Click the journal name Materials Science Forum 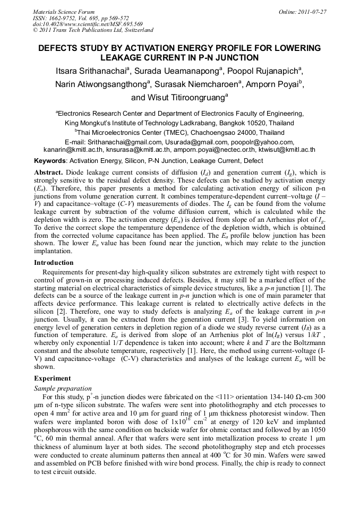click(64, 12)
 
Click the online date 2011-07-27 click(310, 12)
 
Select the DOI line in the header click(88, 24)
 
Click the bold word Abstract click(49, 172)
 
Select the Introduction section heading click(54, 263)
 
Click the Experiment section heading click(53, 378)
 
